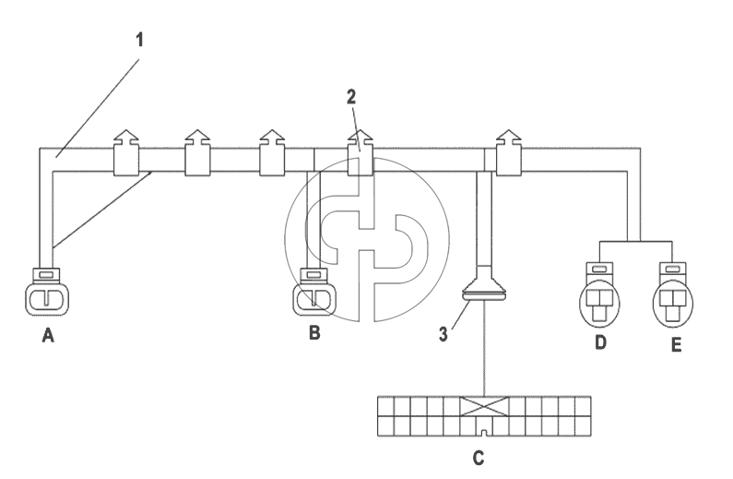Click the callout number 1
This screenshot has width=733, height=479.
pyautogui.click(x=139, y=41)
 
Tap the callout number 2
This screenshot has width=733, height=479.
pyautogui.click(x=351, y=97)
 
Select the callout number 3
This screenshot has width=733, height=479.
pyautogui.click(x=443, y=334)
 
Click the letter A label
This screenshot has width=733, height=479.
pyautogui.click(x=48, y=335)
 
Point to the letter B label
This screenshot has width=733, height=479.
pyautogui.click(x=314, y=332)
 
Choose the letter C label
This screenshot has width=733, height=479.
pyautogui.click(x=479, y=458)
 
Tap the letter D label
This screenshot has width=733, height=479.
pyautogui.click(x=601, y=342)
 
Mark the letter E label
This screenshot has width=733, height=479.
pyautogui.click(x=676, y=345)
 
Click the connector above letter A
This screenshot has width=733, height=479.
pyautogui.click(x=47, y=292)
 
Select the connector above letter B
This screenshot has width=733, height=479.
pyautogui.click(x=314, y=292)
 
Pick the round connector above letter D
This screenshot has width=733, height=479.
pyautogui.click(x=600, y=293)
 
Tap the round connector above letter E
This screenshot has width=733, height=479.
pyautogui.click(x=673, y=293)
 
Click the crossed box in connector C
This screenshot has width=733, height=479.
pyautogui.click(x=484, y=406)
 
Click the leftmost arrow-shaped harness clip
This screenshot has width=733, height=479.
pyautogui.click(x=126, y=153)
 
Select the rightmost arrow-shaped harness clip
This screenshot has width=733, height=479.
pyautogui.click(x=509, y=153)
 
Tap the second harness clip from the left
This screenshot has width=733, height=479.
pyautogui.click(x=197, y=153)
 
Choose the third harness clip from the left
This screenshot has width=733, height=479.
pyautogui.click(x=272, y=153)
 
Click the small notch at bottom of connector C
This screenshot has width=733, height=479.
pyautogui.click(x=484, y=433)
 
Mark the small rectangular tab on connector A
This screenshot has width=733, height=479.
pyautogui.click(x=46, y=275)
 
